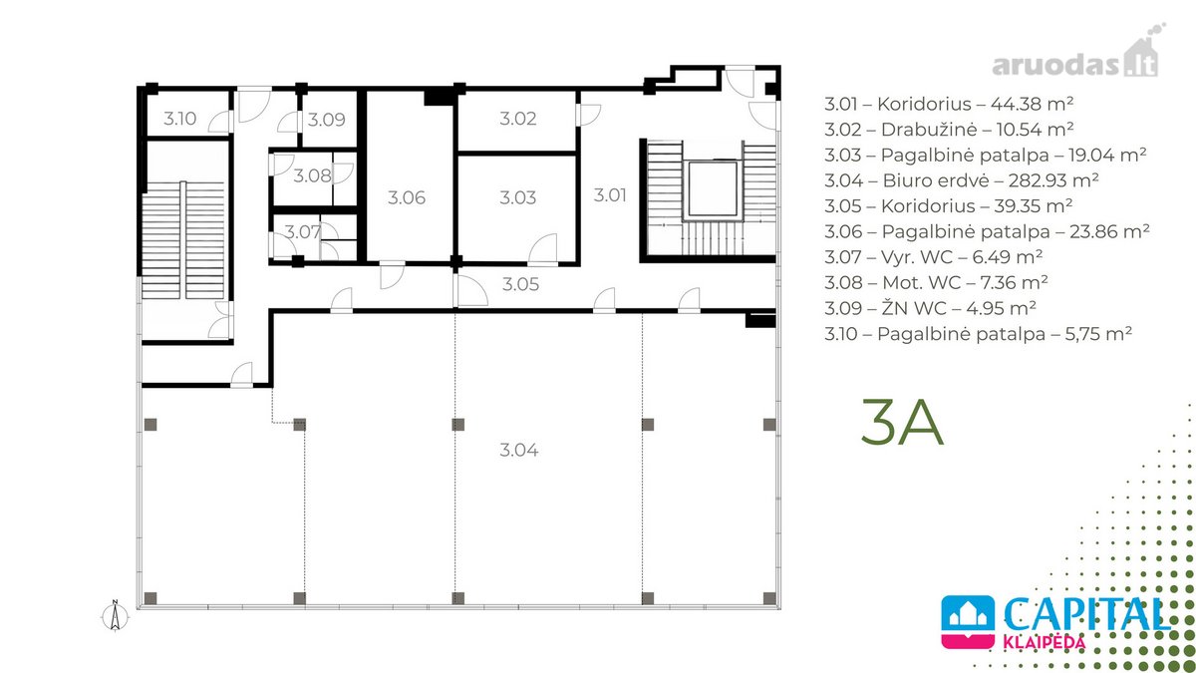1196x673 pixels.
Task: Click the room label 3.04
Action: pos(519,451)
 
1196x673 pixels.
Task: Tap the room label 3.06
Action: pos(407,197)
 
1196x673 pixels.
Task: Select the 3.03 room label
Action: pos(518,197)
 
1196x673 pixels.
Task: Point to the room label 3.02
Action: pos(518,118)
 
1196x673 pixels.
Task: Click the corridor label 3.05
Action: pos(520,284)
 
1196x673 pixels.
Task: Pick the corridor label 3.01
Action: pos(610,195)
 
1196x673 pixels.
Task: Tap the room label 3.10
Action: pos(180,119)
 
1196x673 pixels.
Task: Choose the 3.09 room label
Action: pos(326,119)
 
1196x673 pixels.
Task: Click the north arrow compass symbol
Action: pos(115,616)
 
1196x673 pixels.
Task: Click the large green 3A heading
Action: pos(902,422)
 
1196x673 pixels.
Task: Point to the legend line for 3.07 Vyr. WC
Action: pos(933,257)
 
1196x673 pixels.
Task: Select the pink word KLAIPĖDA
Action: pos(1045,642)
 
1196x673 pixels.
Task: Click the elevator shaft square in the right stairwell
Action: pos(713,188)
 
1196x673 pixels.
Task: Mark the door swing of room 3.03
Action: pos(543,249)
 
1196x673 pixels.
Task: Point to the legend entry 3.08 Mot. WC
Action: pos(936,282)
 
